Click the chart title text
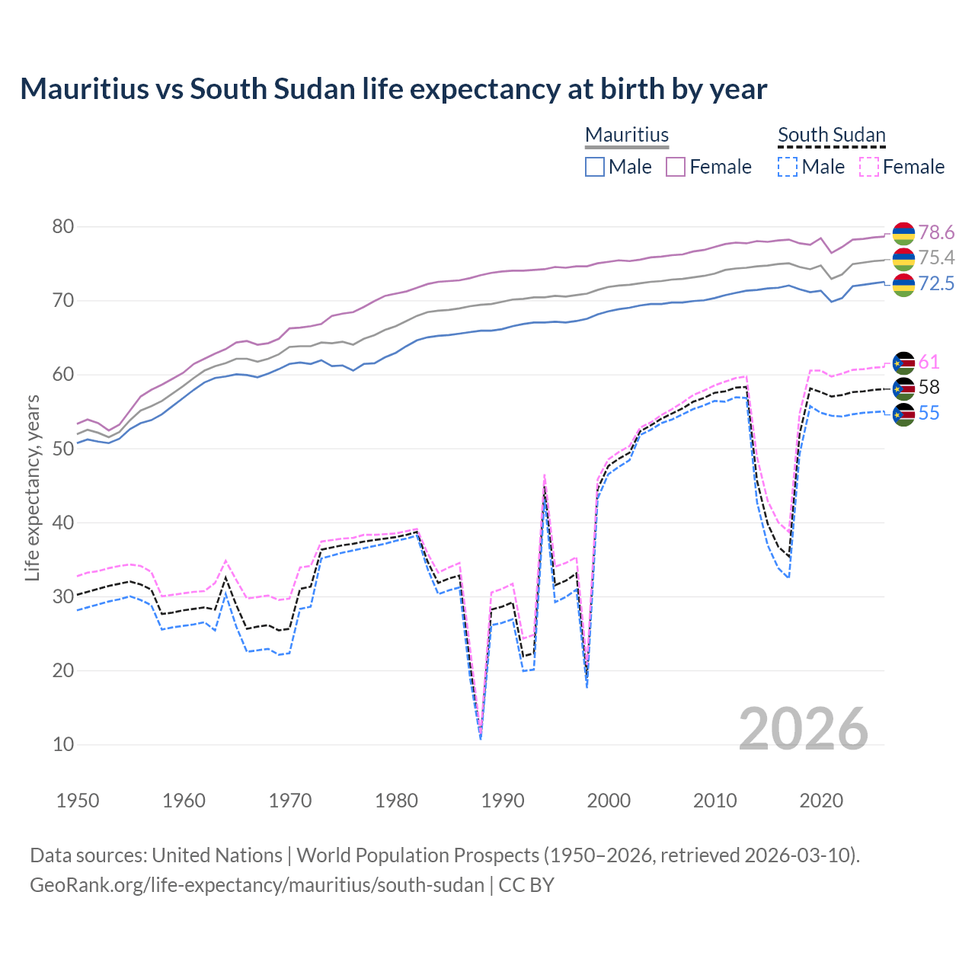393,89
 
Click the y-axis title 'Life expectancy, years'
32,487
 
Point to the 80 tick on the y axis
63,227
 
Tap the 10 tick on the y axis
63,745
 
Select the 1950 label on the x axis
78,801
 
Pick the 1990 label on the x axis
503,801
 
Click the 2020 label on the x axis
821,801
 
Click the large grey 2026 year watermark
804,729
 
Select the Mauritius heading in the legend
627,135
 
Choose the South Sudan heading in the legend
831,135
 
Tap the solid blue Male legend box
595,167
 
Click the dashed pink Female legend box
869,167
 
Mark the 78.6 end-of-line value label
936,232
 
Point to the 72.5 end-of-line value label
936,284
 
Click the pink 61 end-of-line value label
929,362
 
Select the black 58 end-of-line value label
929,388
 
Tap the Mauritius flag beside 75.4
903,259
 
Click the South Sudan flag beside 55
903,414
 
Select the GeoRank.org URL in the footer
257,885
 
